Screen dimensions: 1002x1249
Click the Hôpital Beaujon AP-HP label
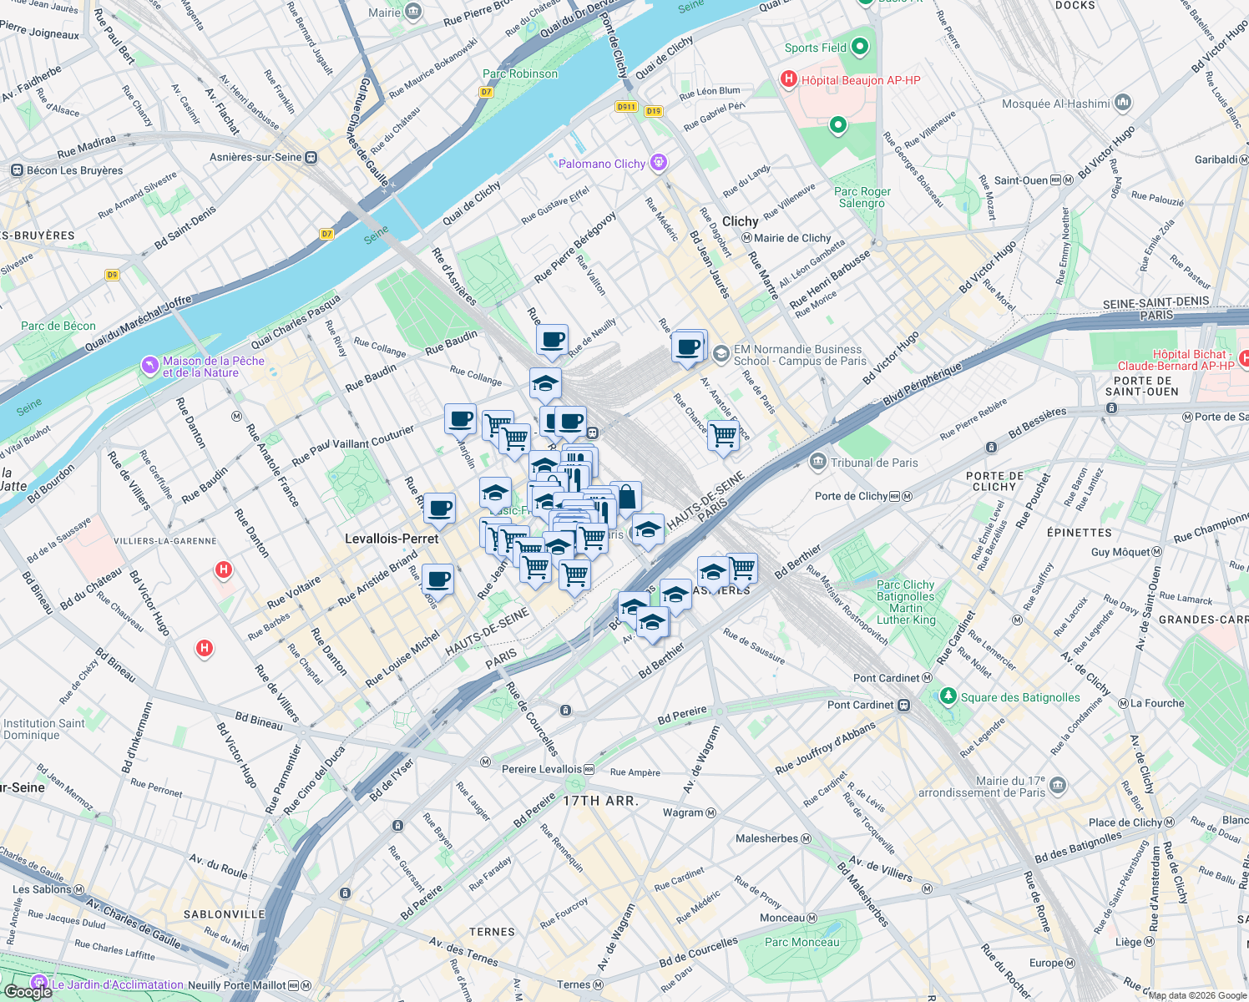pos(860,80)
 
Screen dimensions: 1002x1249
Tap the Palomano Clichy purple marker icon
pos(659,163)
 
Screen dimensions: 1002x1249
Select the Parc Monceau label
pos(801,942)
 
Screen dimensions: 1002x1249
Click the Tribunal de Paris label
pos(873,463)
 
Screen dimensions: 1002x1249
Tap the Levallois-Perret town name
pos(392,539)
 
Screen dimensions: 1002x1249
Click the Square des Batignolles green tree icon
pos(948,696)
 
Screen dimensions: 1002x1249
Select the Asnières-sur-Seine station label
pos(255,157)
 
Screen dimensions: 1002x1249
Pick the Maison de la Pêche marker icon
pos(149,365)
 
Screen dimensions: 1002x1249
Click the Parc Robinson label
pos(519,73)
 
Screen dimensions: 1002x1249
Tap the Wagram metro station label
pos(683,812)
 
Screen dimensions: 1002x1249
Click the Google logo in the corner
pos(28,991)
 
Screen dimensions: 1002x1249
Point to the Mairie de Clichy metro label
pos(791,238)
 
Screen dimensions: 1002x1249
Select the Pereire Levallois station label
pos(542,769)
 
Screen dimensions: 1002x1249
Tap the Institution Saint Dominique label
pos(43,729)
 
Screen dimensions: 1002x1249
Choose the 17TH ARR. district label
pos(600,801)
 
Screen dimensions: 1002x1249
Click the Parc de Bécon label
pos(58,326)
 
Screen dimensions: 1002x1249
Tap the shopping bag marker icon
pos(626,498)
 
